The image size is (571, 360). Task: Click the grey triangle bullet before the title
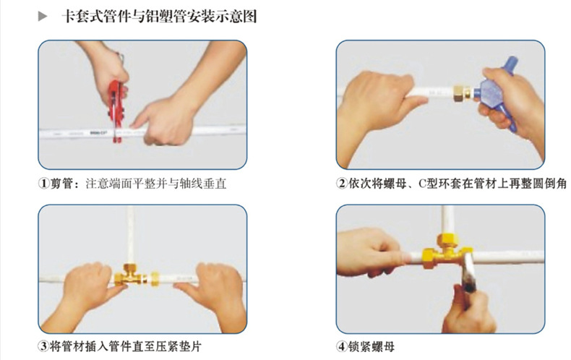click(x=43, y=17)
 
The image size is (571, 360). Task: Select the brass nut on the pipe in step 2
click(x=461, y=94)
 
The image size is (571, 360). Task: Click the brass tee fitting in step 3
click(x=129, y=276)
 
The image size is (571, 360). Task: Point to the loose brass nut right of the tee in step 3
click(x=155, y=279)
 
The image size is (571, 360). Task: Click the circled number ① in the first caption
click(x=43, y=184)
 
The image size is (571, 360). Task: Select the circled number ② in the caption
click(x=342, y=184)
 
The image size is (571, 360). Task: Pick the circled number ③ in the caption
click(x=43, y=346)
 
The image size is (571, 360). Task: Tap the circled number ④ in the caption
click(x=342, y=346)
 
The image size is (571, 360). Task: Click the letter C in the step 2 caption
click(x=422, y=184)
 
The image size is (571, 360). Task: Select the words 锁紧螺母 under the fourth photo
click(x=371, y=346)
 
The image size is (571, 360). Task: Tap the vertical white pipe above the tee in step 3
click(x=130, y=235)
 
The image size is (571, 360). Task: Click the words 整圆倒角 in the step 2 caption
click(x=544, y=184)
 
